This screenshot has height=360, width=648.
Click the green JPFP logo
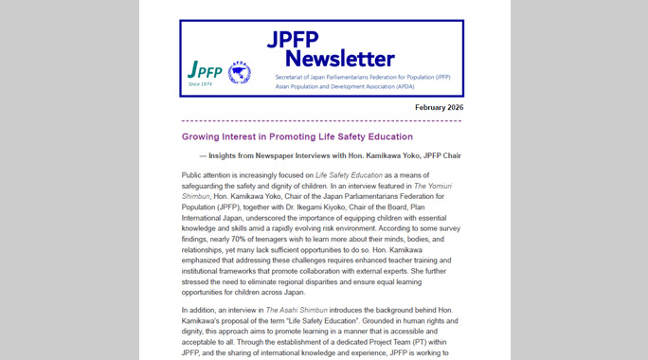pos(205,70)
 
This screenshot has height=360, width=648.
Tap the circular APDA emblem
pos(240,72)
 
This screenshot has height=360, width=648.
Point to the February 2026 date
pos(439,108)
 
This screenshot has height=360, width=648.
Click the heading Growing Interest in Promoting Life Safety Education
pos(304,137)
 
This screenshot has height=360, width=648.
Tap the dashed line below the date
pos(322,121)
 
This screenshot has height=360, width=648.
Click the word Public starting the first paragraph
pos(193,175)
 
